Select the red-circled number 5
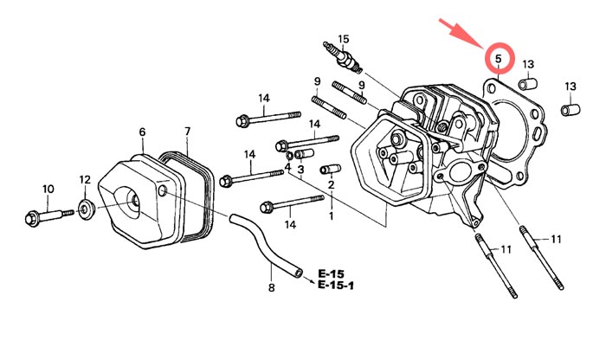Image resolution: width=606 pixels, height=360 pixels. (x=499, y=60)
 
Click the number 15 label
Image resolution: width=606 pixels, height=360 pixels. (x=344, y=39)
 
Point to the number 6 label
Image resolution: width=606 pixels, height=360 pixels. (x=142, y=132)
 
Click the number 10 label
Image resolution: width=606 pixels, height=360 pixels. (x=48, y=189)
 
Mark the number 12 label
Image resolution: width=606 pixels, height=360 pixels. (x=85, y=179)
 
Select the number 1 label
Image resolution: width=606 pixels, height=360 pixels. (x=330, y=215)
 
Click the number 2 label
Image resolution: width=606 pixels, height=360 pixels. (x=331, y=185)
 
